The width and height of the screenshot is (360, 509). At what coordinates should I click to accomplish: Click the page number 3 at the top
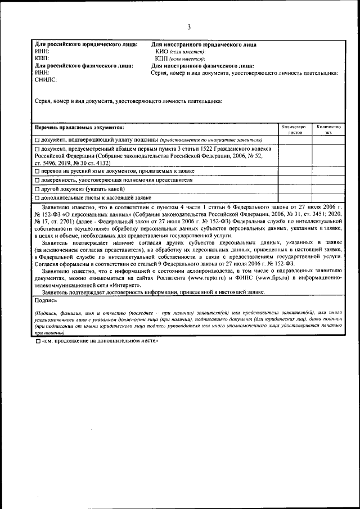(x=189, y=27)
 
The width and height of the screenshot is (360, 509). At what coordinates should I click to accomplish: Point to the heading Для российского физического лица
(x=84, y=66)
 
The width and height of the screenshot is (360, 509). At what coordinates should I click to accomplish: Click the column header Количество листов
(x=295, y=130)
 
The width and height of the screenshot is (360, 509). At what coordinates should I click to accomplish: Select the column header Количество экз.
(x=328, y=130)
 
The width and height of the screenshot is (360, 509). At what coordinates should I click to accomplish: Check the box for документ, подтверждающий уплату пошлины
(x=37, y=139)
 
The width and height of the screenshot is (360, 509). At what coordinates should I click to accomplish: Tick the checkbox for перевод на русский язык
(x=37, y=170)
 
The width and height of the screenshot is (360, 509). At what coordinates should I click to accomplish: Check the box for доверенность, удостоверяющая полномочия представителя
(x=37, y=180)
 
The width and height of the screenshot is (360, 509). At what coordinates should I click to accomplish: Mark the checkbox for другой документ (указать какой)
(x=37, y=189)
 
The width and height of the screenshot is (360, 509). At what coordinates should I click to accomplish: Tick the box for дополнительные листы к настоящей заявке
(x=37, y=198)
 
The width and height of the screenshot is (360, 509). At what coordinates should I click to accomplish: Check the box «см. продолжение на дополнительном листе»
(x=37, y=341)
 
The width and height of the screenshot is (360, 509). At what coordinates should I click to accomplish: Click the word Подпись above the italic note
(x=46, y=300)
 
